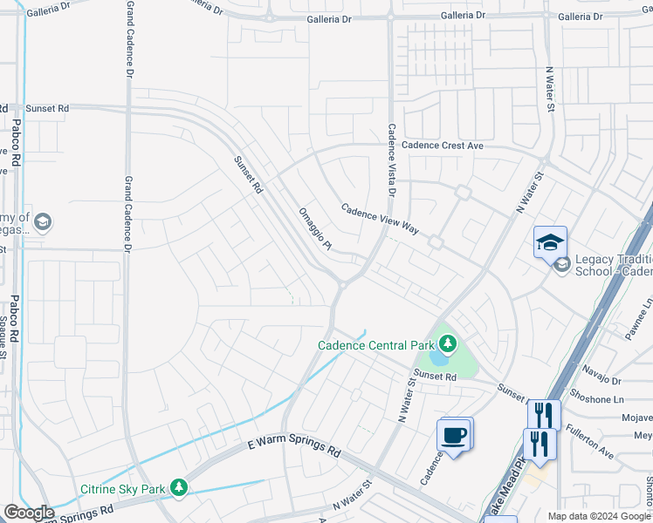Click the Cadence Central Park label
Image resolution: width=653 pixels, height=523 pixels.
coord(375,345)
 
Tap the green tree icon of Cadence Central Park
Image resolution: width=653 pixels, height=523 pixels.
coord(447,345)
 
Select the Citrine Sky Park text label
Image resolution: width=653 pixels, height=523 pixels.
coord(123,489)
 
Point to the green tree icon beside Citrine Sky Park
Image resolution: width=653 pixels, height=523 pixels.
coord(179,486)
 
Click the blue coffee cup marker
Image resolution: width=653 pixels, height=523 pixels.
coord(454,435)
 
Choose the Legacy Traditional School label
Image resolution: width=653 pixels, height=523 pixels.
coord(614,265)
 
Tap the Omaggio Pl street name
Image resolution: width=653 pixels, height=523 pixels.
coord(315,228)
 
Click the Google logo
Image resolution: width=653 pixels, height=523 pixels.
coord(29,513)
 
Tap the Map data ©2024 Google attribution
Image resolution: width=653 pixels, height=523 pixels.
coord(599,516)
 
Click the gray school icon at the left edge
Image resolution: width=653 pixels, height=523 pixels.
coord(42,223)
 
